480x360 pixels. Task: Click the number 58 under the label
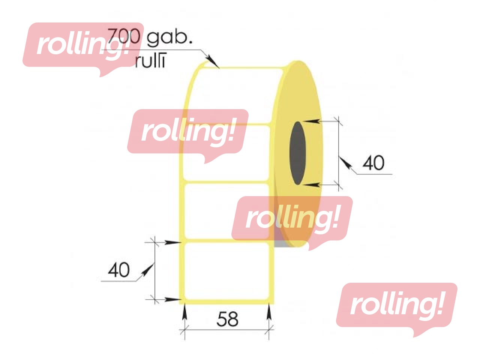[x=227, y=319]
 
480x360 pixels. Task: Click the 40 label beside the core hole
[x=373, y=163]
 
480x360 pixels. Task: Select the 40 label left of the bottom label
[x=119, y=270]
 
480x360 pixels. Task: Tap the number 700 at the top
[x=124, y=36]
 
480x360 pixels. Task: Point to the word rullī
[x=150, y=61]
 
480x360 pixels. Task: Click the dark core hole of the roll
[x=298, y=153]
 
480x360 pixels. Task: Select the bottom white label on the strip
[x=227, y=271]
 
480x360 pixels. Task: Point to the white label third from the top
[x=227, y=211]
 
